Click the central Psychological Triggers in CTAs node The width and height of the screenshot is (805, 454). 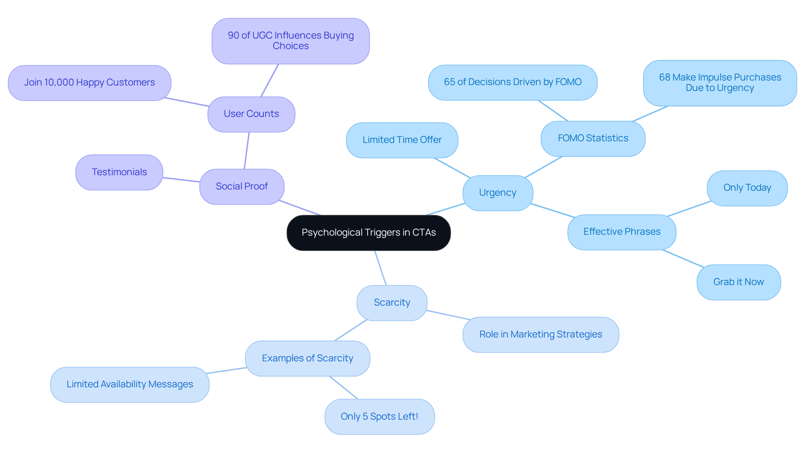point(369,233)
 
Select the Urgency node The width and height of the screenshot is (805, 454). point(498,193)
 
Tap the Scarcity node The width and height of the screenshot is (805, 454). point(392,303)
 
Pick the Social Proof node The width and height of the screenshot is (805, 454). point(241,187)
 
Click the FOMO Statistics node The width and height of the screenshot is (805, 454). point(592,138)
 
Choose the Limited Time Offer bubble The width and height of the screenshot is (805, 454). point(402,140)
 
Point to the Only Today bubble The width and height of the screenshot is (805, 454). point(747,188)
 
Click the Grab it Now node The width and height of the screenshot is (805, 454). point(738,282)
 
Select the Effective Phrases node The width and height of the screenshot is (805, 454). point(621,232)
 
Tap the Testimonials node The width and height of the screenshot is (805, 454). point(119,172)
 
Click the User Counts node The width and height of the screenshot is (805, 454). point(251,114)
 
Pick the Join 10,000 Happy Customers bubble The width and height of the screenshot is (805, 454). point(89,83)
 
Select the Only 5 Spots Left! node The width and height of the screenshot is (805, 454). point(379,417)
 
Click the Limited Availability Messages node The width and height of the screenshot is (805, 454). point(130,384)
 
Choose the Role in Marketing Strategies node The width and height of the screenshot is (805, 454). point(540,335)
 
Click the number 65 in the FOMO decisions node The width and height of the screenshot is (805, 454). point(449,82)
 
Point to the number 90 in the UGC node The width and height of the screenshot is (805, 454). point(233,36)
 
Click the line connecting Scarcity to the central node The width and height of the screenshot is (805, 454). point(380,268)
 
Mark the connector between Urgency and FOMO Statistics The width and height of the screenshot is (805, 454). point(543,167)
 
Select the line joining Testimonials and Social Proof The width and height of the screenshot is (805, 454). point(181,180)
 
